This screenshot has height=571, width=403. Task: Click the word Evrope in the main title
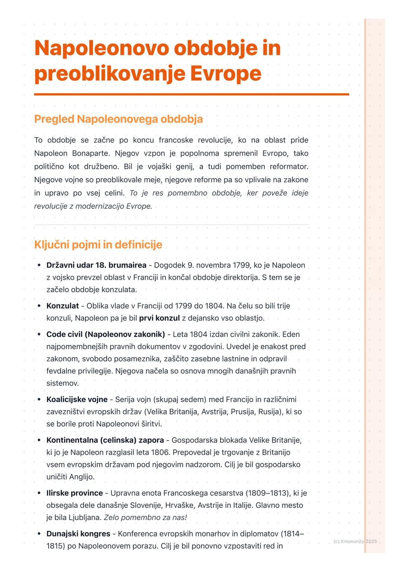[225, 74]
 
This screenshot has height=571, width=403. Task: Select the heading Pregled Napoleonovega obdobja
[118, 119]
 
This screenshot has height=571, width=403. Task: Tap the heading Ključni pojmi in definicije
[98, 245]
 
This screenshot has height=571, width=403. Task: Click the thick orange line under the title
[191, 95]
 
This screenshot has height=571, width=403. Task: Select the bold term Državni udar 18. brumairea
[96, 265]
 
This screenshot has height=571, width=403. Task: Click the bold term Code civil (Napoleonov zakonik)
[106, 334]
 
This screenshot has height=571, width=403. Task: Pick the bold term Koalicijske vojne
[77, 399]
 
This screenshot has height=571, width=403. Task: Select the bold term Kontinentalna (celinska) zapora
[105, 440]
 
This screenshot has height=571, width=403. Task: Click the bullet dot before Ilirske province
[39, 493]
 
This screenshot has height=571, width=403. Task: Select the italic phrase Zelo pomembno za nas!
[145, 518]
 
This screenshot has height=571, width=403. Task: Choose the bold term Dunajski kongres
[78, 534]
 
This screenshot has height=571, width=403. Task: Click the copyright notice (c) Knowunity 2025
[355, 541]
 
